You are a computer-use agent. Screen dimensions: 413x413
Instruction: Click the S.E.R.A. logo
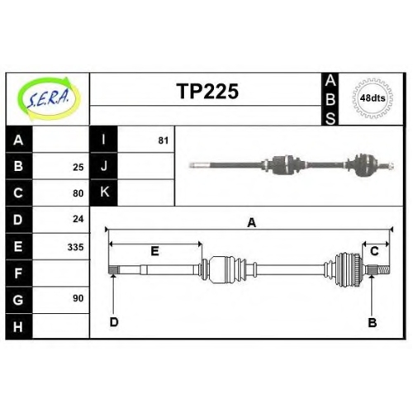49,98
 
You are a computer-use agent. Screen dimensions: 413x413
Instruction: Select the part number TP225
207,91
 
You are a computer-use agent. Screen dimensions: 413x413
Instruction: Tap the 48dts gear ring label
373,98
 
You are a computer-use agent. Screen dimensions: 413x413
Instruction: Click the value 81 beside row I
163,140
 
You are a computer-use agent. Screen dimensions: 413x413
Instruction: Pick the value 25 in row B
78,167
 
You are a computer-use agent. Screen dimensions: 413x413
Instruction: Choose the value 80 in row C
78,193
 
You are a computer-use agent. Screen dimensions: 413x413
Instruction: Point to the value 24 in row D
78,219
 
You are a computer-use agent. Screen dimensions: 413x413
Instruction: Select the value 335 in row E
75,247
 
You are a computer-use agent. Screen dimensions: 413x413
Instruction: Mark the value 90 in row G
78,298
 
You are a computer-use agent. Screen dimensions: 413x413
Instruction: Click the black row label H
19,326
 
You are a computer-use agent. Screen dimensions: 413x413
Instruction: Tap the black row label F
19,273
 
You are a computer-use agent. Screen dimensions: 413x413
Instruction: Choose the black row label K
104,192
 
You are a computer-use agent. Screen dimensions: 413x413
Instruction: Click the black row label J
104,166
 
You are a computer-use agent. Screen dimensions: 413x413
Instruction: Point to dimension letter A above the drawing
252,223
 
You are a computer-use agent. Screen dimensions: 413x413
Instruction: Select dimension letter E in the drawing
154,251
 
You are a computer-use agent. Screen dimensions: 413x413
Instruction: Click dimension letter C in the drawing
374,251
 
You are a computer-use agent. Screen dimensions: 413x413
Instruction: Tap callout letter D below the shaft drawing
114,322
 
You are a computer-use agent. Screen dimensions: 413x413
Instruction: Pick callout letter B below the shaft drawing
373,322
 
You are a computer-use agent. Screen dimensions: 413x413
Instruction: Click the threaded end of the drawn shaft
383,269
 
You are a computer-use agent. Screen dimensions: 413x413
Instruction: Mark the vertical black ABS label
330,99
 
